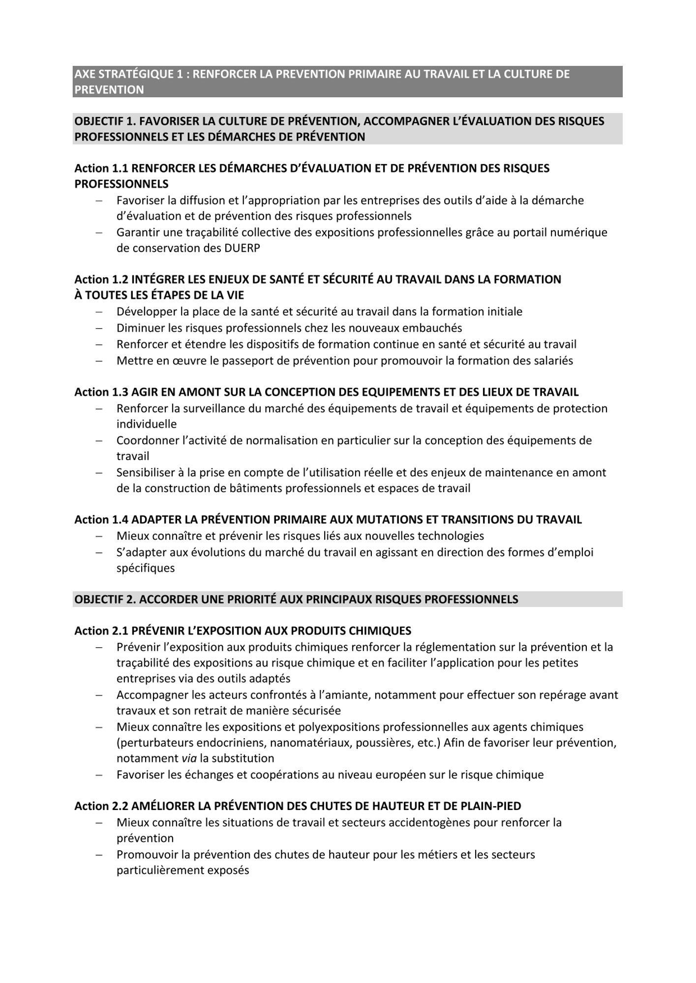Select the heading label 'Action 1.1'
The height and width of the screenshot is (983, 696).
101,169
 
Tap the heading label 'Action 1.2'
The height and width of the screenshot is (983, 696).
101,280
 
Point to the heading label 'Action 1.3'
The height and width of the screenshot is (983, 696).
101,392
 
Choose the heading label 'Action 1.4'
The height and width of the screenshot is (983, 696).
101,520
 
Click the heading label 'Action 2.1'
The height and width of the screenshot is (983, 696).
101,631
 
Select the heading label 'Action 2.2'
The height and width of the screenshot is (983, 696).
101,806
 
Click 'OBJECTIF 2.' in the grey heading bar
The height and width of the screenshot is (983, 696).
105,600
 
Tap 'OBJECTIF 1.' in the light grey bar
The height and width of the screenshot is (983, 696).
105,121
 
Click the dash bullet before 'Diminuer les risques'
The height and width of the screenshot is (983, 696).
99,328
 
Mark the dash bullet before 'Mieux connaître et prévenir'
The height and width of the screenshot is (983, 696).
99,536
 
